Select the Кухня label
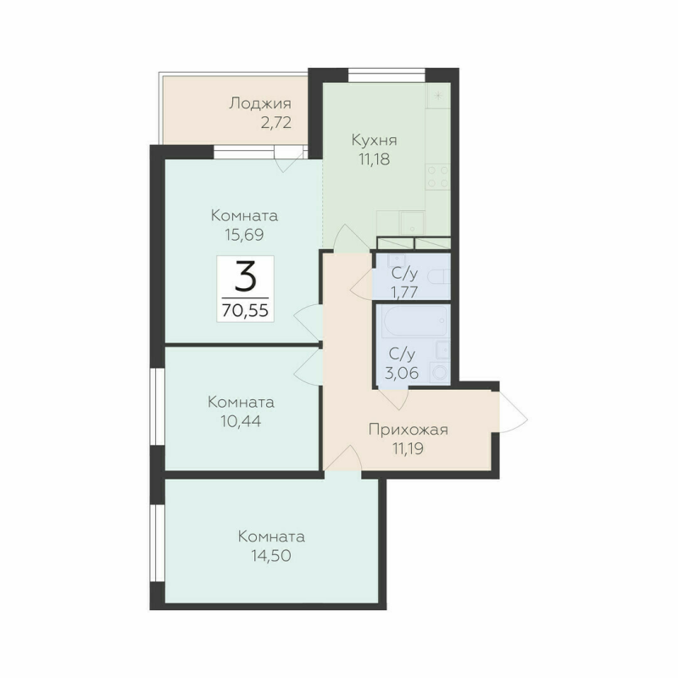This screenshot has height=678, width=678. coord(375,140)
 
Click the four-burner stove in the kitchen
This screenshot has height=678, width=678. coord(437,175)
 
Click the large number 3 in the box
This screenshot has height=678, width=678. coord(246,276)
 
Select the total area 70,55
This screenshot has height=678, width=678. coord(245,310)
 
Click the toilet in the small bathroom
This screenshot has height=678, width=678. coord(438,278)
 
